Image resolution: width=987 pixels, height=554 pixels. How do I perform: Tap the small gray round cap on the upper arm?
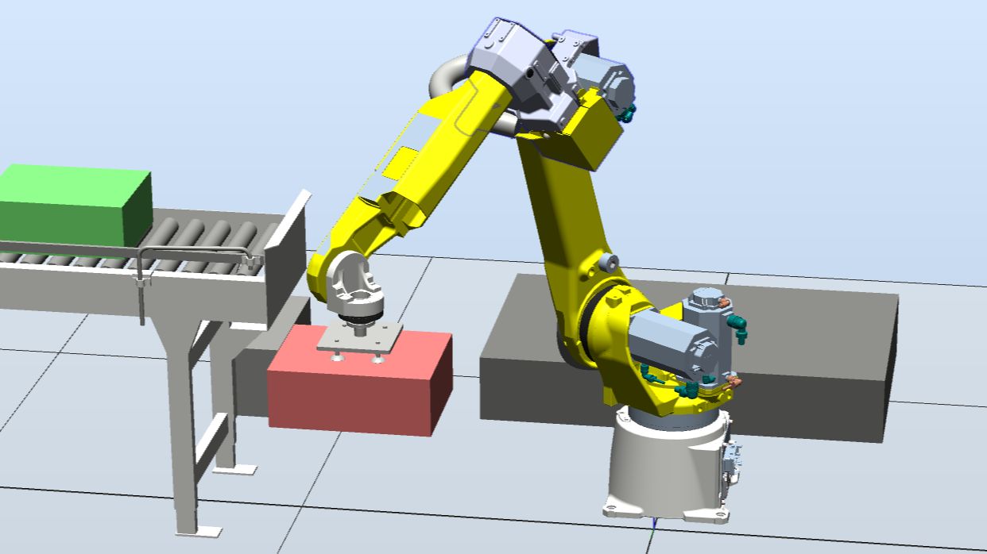pos(611,261)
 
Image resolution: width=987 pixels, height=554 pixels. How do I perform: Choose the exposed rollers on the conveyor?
pos(199,234)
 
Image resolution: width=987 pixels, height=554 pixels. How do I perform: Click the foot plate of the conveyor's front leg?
pos(198,530)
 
